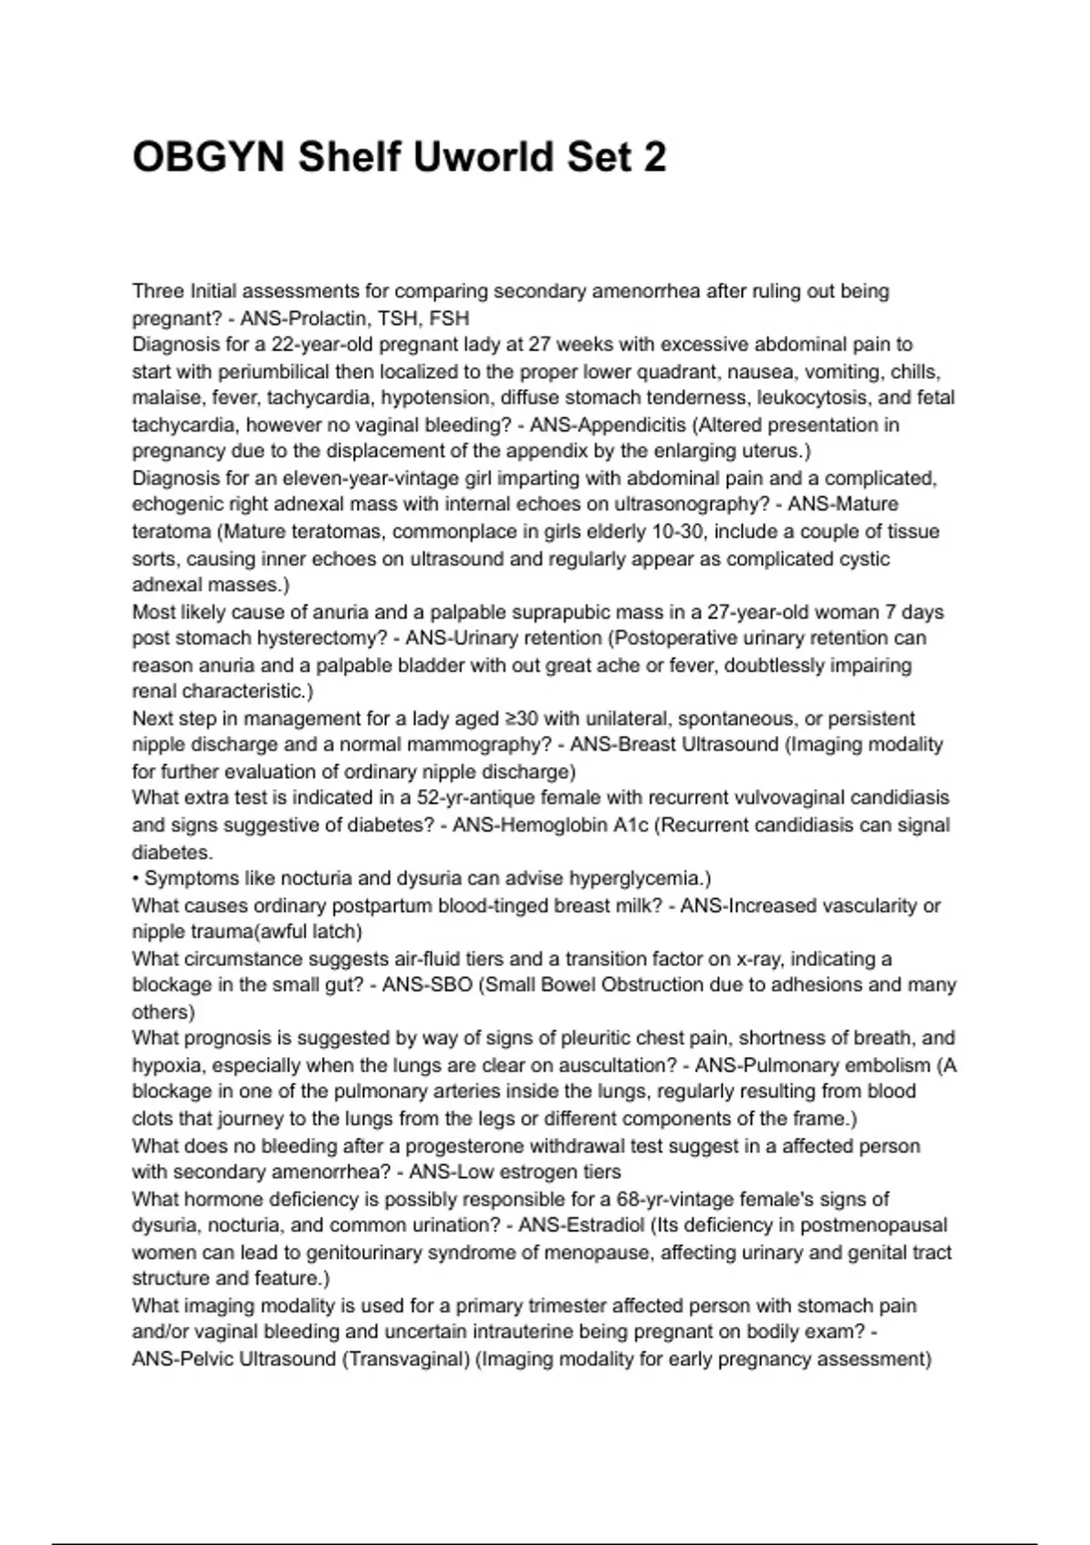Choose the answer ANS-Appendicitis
click(608, 425)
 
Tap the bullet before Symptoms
click(136, 879)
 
